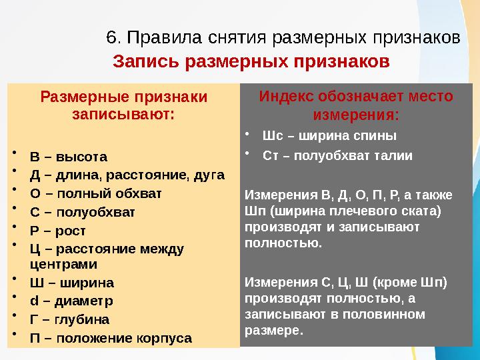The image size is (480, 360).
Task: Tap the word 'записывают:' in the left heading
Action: coord(124,113)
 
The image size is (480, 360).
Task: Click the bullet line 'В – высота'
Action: coord(68,157)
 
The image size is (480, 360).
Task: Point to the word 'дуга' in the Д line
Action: coord(207,175)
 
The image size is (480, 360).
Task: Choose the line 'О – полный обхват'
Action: coord(95,193)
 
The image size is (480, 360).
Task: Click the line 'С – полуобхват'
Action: coord(82,213)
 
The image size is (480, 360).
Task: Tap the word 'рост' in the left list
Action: coord(71,231)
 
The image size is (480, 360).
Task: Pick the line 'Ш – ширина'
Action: coord(71,281)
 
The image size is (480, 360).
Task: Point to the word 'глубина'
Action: coord(83,318)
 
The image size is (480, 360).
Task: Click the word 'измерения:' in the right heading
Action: coord(356,115)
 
